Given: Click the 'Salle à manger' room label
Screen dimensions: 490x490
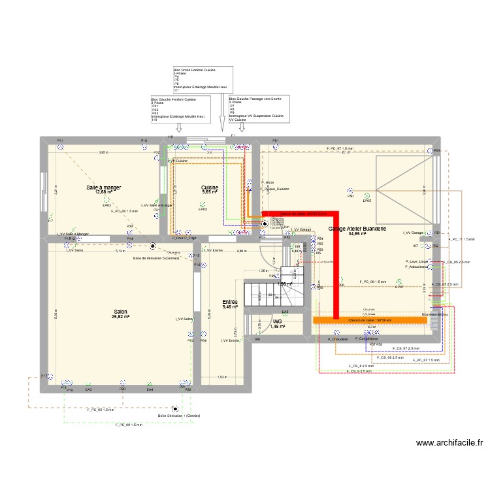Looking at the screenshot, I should coord(104,188).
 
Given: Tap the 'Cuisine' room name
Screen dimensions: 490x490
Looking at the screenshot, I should coord(210,188).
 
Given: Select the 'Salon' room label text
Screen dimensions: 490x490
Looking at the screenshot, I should coord(121,312).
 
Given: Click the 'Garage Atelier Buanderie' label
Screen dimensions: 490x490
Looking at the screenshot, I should coord(357,229).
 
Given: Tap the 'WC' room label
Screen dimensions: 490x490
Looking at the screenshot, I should coord(278,321).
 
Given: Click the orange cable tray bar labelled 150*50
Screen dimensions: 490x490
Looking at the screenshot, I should coord(369,320).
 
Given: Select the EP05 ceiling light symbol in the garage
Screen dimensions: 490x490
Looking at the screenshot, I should coord(367,195).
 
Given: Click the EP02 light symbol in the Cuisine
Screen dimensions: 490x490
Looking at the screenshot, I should coord(203,203).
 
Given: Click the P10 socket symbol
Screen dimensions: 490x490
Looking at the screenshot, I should coord(144,146).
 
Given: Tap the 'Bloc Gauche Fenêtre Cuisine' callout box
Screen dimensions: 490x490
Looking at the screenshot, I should coord(180,109).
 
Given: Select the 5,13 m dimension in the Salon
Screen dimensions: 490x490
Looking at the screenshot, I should coord(120,250).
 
